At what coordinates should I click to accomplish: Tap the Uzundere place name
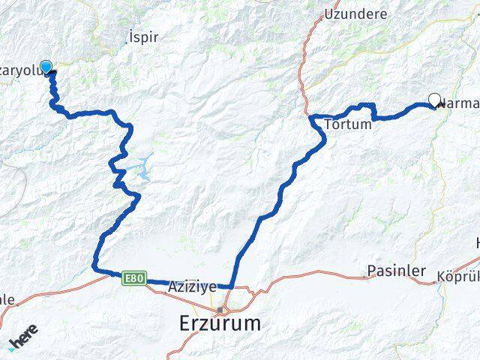point(355,13)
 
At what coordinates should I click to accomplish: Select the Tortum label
point(347,124)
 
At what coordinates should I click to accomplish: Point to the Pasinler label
point(397,271)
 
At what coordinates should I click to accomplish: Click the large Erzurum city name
point(220,324)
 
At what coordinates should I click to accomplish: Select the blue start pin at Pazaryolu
point(46,67)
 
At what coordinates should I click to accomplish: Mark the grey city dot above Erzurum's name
point(220,309)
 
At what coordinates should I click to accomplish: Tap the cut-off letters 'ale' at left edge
point(7,299)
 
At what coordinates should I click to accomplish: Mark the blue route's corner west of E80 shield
point(95,268)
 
